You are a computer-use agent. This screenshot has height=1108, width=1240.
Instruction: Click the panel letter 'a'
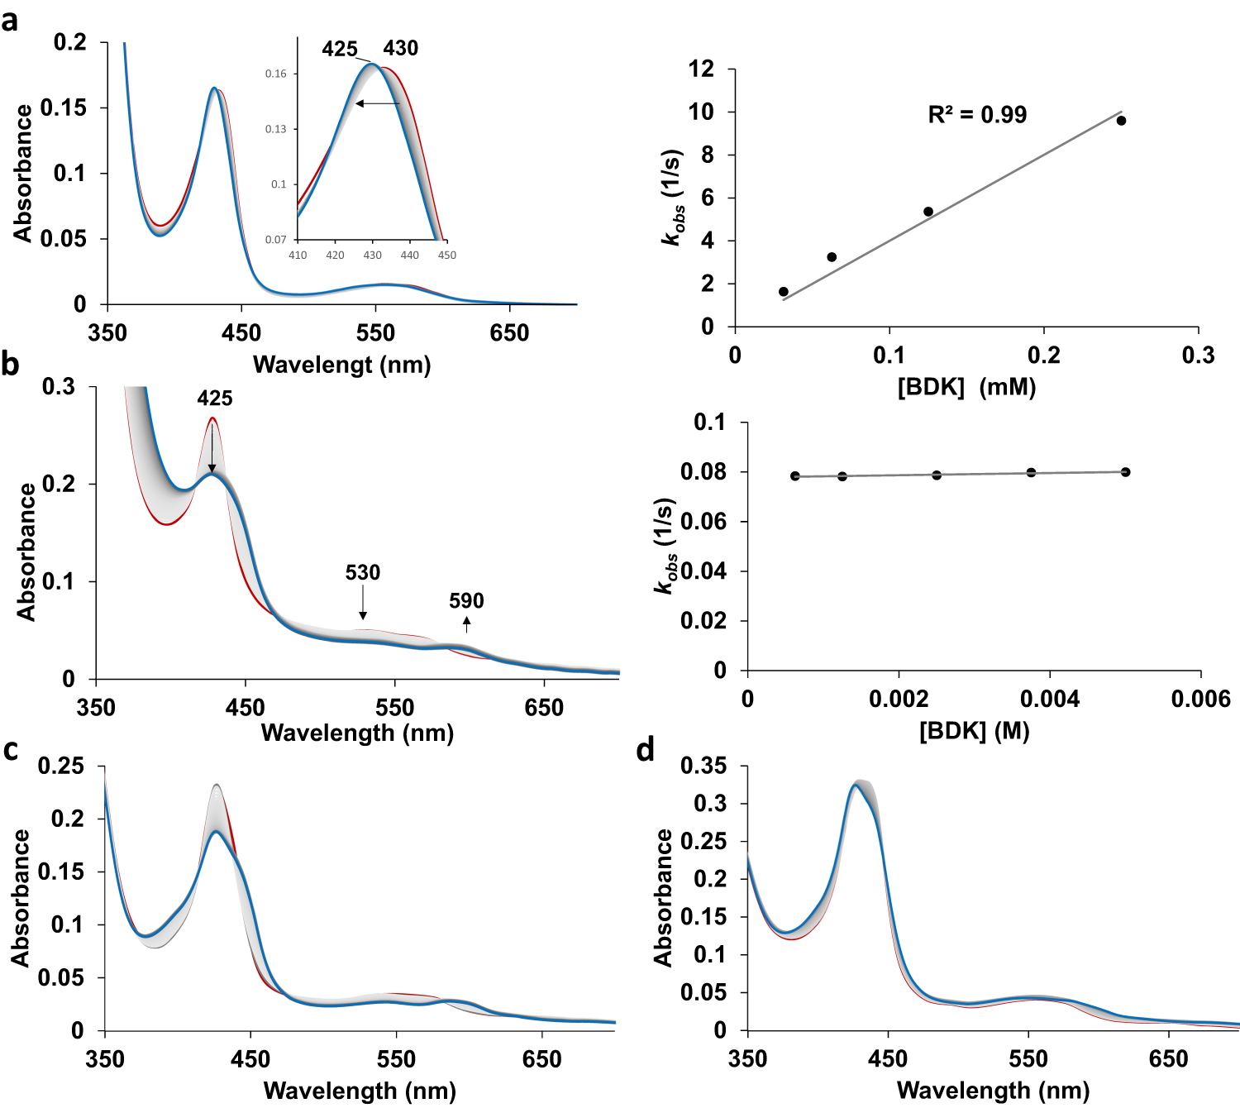point(10,20)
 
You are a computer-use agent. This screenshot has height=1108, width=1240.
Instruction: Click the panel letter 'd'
point(645,749)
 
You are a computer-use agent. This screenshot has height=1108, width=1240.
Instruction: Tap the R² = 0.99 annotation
point(977,115)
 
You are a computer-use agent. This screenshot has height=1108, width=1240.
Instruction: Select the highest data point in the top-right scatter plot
point(1121,121)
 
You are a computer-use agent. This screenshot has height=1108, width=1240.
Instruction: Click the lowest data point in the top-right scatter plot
point(783,292)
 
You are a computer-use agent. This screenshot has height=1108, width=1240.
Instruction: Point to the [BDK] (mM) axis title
point(966,386)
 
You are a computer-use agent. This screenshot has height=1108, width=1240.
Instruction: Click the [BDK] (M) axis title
point(974,731)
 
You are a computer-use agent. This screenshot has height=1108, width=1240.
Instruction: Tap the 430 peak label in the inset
point(400,48)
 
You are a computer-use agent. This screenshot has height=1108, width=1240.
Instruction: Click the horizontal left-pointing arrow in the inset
point(378,103)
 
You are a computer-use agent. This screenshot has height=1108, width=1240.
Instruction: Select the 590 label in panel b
point(466,601)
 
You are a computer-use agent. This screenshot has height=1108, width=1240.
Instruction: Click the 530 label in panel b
point(362,572)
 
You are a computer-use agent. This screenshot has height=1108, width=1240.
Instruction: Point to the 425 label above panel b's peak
point(214,399)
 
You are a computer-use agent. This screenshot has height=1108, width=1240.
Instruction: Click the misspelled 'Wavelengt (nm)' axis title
point(341,365)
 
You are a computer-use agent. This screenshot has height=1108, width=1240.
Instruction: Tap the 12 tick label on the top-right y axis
point(701,69)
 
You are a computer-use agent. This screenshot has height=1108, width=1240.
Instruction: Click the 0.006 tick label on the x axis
point(1200,700)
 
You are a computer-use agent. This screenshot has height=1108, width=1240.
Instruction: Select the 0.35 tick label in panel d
point(703,766)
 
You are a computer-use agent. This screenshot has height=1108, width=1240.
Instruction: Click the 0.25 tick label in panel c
point(60,766)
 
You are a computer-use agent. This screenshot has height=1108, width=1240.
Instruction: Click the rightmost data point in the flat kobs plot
point(1125,472)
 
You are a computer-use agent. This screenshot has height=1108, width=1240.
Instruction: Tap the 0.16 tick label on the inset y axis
point(275,74)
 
